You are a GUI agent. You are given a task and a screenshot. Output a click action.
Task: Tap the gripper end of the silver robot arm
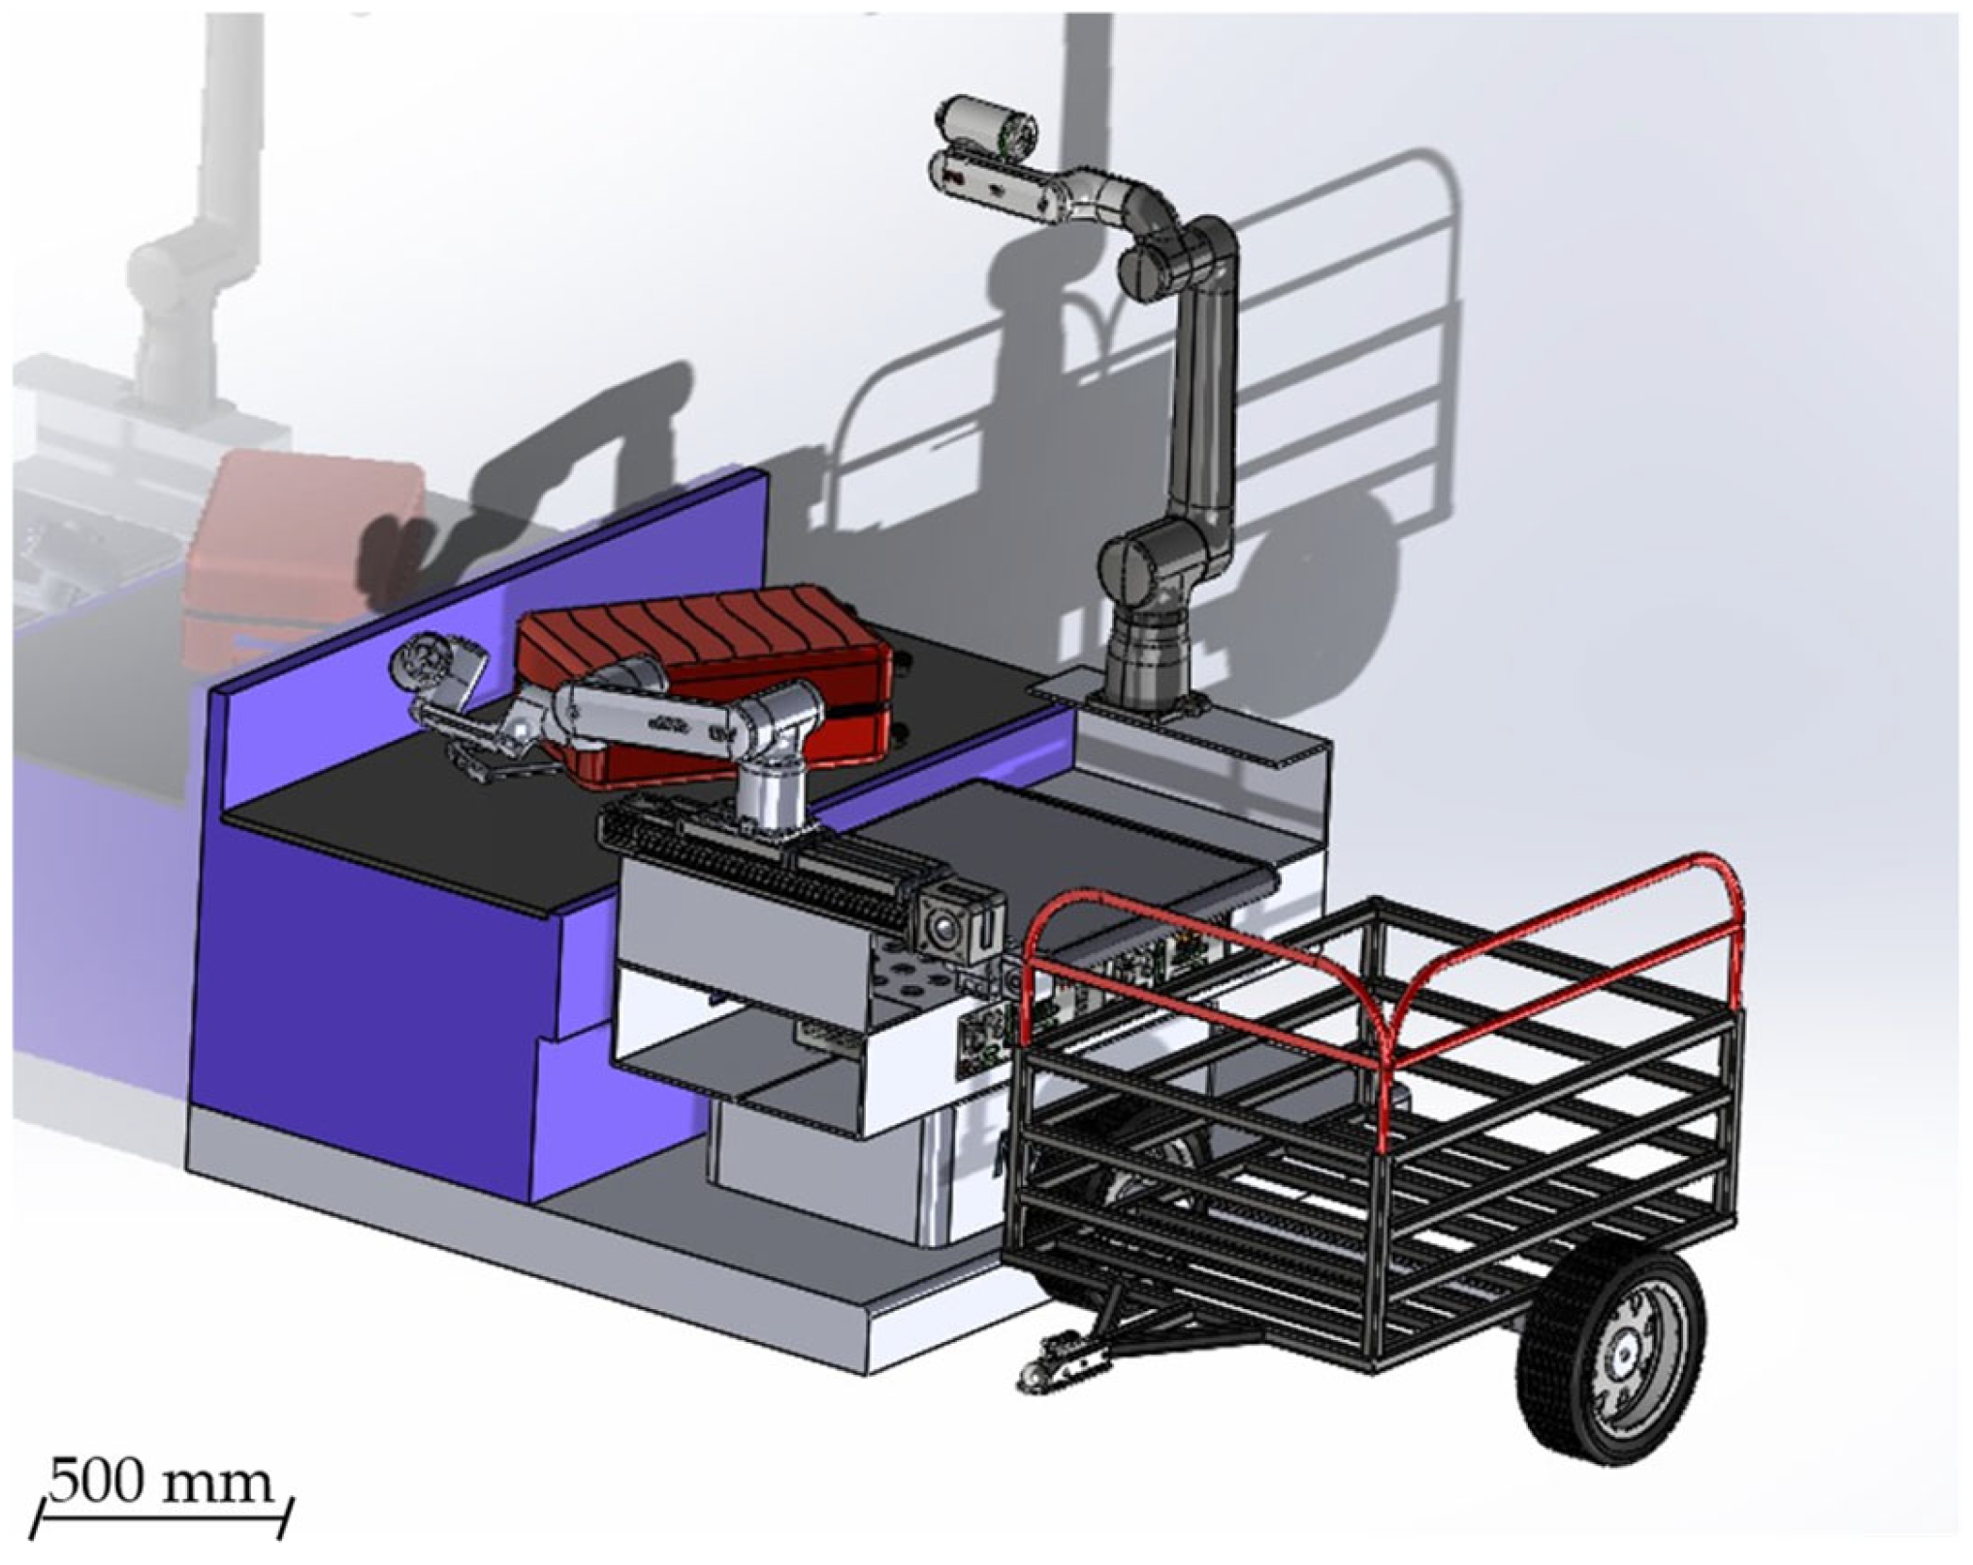pyautogui.click(x=436, y=669)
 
